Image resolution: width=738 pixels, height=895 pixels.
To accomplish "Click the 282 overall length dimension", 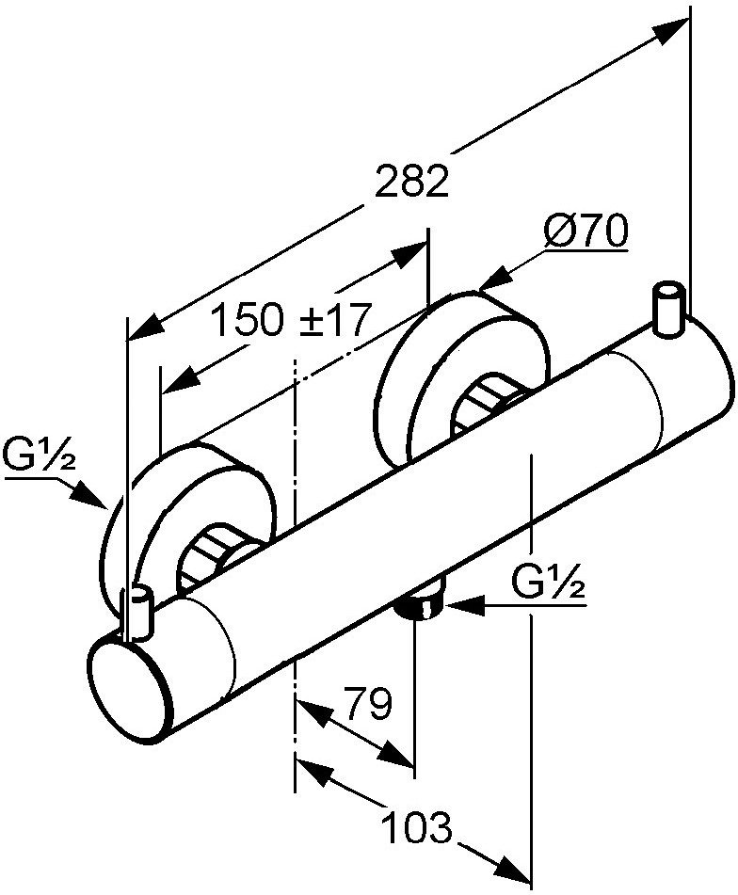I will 412,182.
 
